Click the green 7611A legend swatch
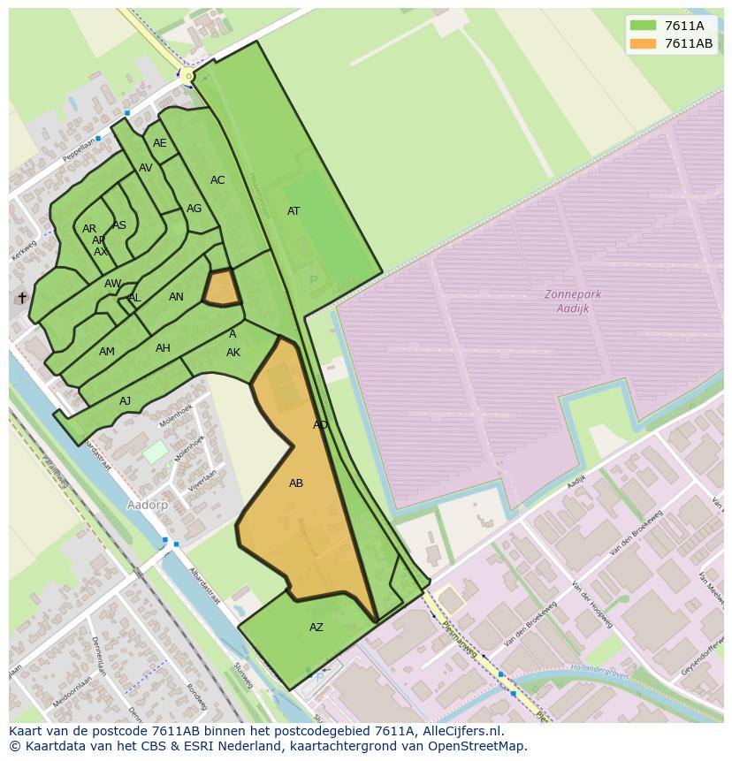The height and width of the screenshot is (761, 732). tap(643, 26)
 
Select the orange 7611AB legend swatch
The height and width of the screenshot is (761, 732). tap(643, 43)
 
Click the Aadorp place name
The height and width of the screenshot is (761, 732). tap(147, 505)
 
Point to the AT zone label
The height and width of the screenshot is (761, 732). tap(294, 211)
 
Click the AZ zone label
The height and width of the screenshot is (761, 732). tap(316, 628)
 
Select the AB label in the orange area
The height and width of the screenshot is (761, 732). tap(296, 483)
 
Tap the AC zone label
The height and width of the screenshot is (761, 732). tap(217, 180)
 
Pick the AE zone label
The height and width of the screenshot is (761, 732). tap(159, 143)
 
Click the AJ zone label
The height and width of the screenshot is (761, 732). tap(125, 401)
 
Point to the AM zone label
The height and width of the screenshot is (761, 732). tap(107, 352)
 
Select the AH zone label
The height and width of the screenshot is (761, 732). tap(163, 348)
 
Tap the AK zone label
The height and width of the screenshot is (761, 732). tap(233, 353)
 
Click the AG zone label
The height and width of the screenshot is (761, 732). tap(194, 209)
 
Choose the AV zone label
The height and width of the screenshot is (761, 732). tap(146, 168)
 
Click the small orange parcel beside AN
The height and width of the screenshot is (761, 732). tap(222, 288)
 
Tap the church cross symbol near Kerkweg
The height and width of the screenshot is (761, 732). tap(22, 298)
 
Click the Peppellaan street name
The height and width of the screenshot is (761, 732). tap(79, 148)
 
